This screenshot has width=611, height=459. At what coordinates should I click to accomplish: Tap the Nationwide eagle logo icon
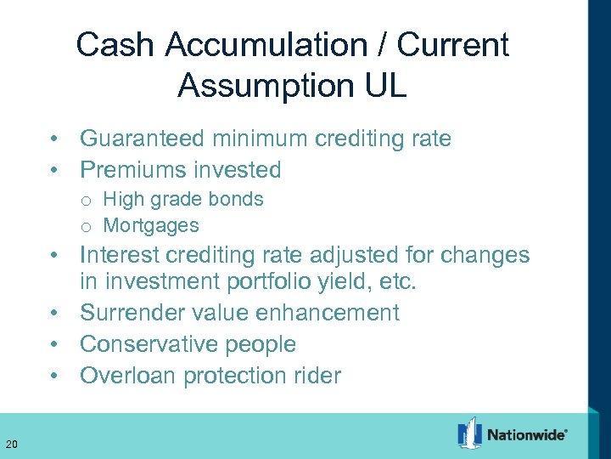pos(469,433)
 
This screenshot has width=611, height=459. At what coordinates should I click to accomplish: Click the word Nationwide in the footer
pos(526,434)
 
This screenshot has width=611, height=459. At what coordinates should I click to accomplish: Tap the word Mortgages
pos(151,226)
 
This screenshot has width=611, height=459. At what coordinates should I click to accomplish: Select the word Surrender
pos(133,313)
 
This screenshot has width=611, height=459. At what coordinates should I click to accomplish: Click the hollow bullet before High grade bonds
pos(86,201)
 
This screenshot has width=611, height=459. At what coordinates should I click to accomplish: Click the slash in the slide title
pos(378,44)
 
